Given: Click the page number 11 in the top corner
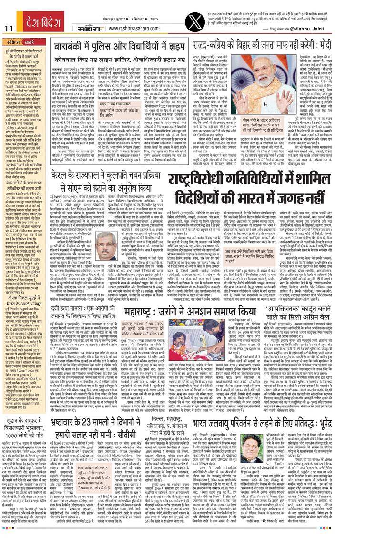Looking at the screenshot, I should click(x=8, y=29).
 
